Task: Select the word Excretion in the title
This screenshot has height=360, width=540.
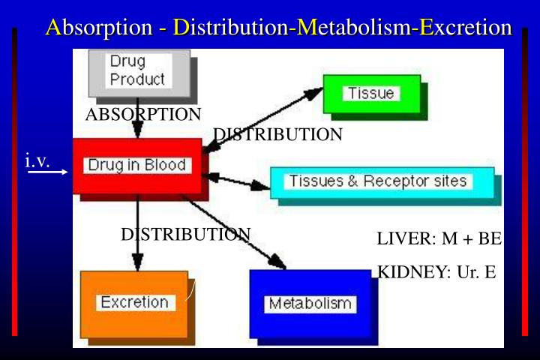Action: [x=466, y=28]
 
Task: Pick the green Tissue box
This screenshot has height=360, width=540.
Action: [x=371, y=94]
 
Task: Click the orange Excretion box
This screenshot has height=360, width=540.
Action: [x=134, y=303]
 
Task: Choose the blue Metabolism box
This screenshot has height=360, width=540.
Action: [x=310, y=304]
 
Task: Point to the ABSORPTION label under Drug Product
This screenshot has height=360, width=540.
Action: [x=143, y=115]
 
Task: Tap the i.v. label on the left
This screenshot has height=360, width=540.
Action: [x=37, y=160]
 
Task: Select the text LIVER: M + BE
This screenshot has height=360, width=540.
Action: [x=439, y=239]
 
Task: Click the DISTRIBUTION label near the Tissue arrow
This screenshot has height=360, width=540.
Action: [x=278, y=135]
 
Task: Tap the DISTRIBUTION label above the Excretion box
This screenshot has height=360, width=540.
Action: [x=185, y=234]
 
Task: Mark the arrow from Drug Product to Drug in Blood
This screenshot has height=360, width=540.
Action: [x=136, y=127]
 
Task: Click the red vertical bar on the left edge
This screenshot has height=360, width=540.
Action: [x=14, y=180]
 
